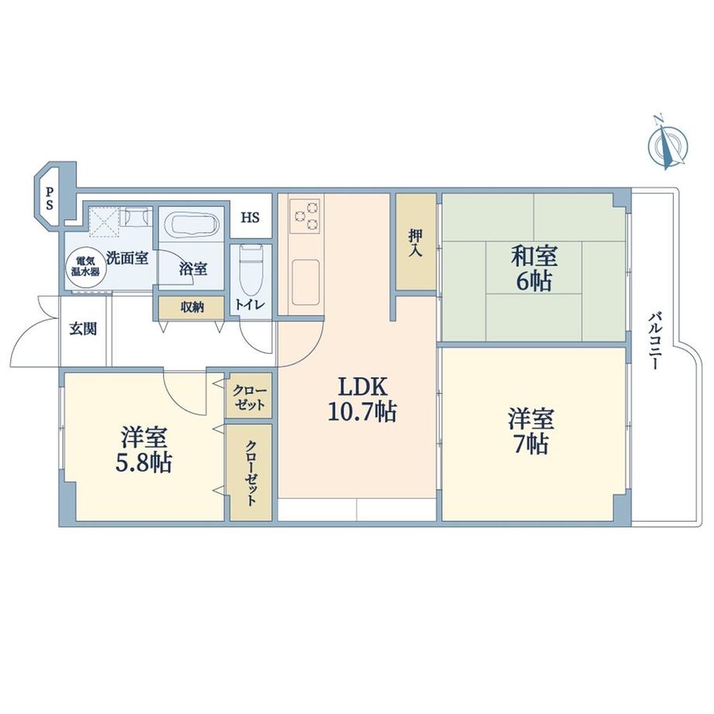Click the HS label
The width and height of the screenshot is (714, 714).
point(250,217)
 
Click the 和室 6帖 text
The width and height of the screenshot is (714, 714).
point(533,268)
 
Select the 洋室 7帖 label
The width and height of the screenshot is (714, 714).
point(531,432)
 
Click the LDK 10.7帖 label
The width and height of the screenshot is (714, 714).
point(358,399)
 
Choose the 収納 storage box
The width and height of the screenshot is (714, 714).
point(192,307)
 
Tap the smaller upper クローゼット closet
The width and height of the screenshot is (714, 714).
point(250,397)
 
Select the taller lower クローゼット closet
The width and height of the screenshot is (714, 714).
point(250,472)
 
